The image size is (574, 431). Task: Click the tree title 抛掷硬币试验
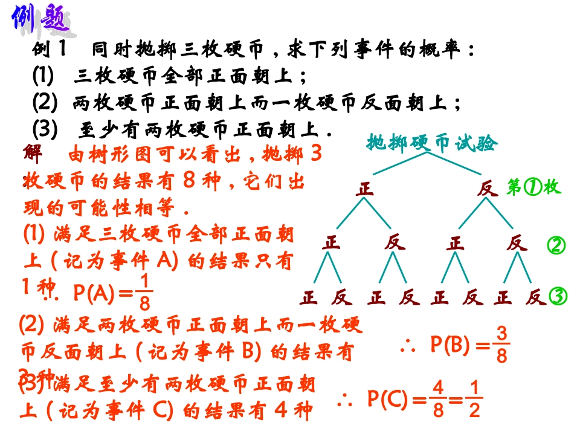point(431,143)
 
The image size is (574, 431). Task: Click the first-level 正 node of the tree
point(364,189)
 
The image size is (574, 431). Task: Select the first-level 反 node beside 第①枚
point(486,189)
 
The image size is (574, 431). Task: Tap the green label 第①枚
point(534,187)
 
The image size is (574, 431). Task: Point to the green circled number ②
point(556,245)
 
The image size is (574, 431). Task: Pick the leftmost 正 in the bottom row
point(309,297)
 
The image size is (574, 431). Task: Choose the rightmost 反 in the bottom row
point(535,297)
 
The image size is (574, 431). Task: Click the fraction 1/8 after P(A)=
point(144,292)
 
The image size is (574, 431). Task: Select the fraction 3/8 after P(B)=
point(501,345)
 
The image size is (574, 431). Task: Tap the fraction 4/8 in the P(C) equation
point(437,399)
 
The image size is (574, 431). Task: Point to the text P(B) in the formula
point(450,345)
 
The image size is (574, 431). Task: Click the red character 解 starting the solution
point(33,154)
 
